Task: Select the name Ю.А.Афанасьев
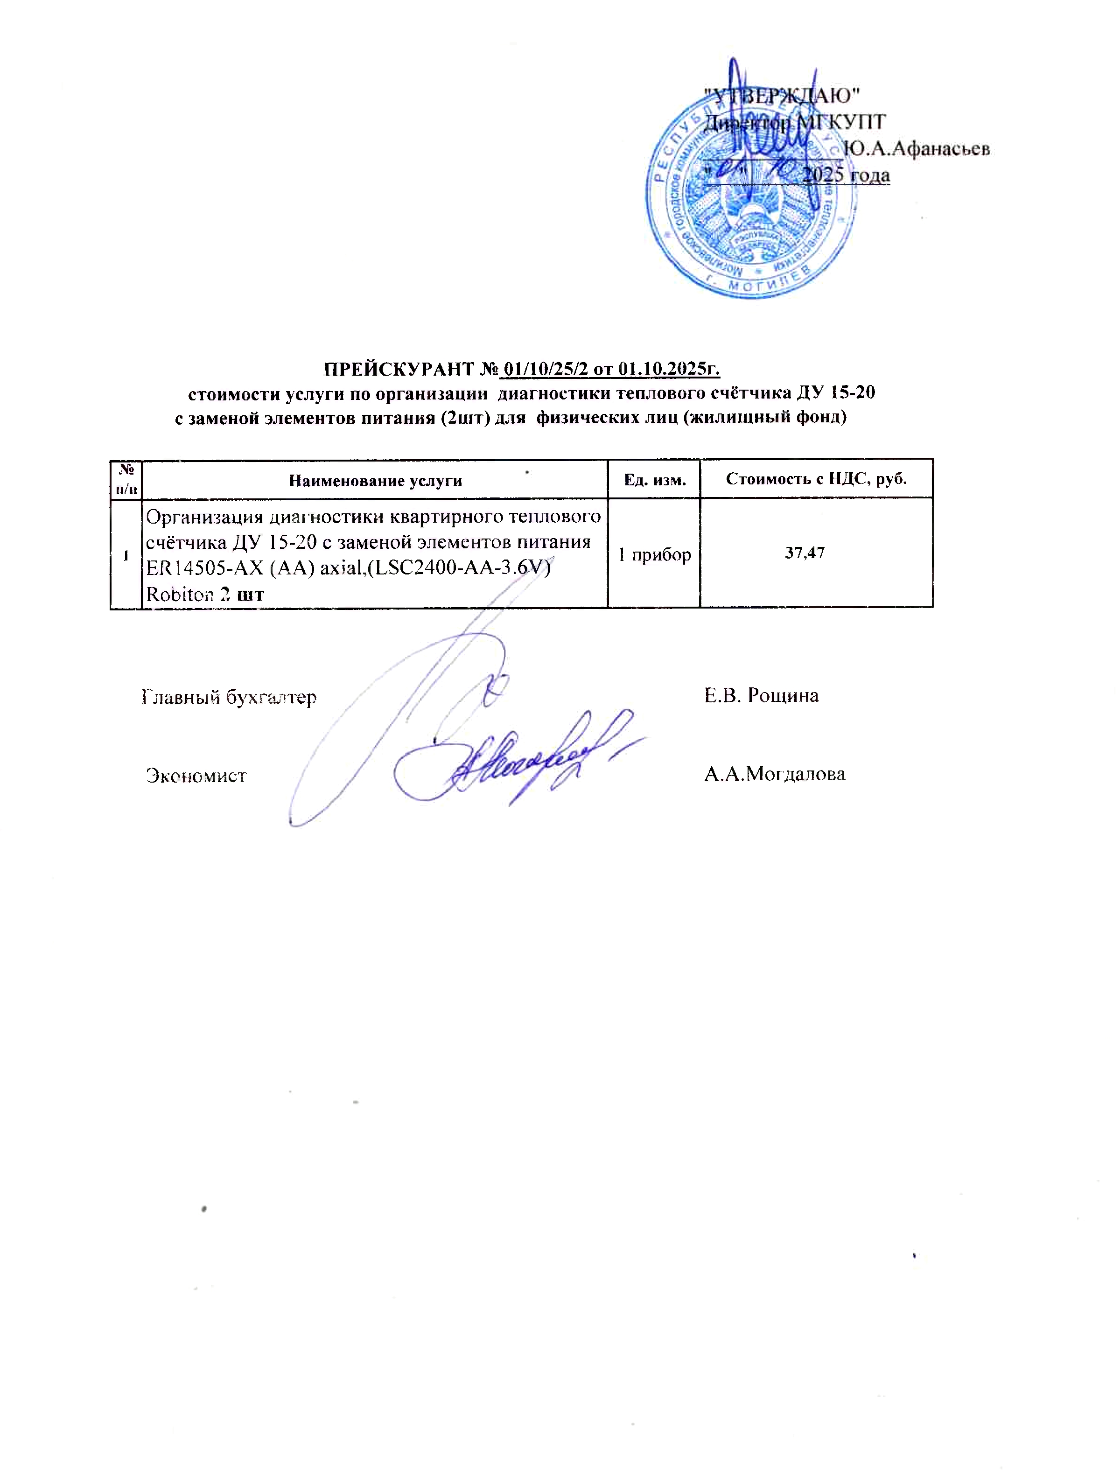coord(916,149)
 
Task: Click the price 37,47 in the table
coord(805,553)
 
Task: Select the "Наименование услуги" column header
coord(375,481)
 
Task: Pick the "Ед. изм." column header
coord(654,479)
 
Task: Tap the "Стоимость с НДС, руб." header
coord(816,479)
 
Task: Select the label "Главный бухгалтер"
coord(229,697)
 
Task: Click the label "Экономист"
coord(196,776)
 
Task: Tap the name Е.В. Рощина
coord(761,695)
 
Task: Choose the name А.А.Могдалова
coord(775,774)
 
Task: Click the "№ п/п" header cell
coord(126,479)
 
